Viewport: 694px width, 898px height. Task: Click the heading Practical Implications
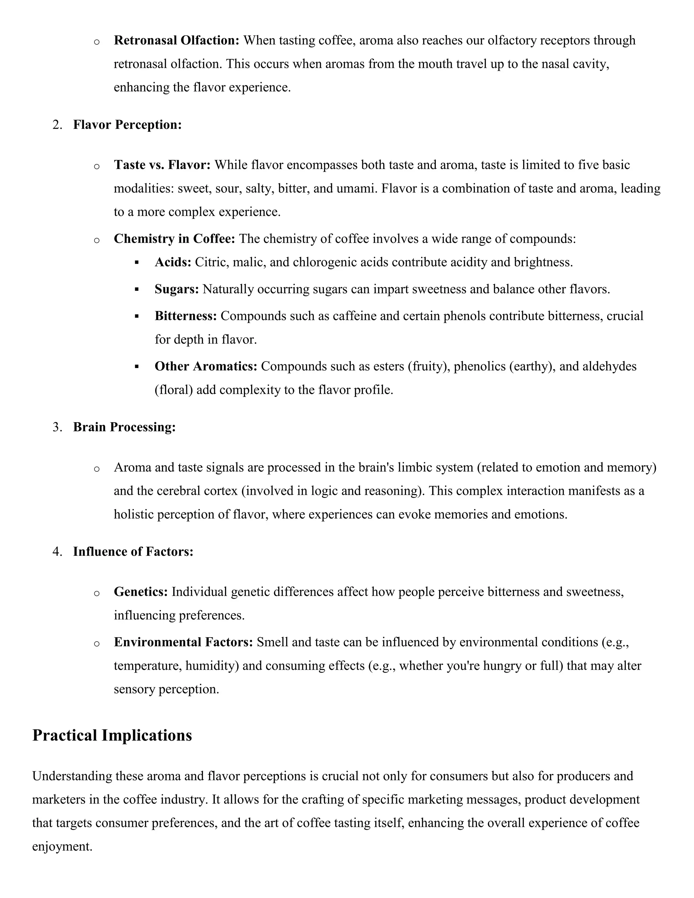112,736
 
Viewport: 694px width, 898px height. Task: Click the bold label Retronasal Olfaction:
176,40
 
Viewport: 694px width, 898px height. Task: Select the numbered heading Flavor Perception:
127,125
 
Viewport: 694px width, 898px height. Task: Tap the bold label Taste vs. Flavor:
162,165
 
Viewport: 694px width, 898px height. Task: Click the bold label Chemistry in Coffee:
174,239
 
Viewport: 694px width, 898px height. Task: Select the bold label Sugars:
176,289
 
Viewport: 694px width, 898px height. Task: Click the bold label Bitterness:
185,316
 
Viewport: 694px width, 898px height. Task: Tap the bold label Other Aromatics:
206,366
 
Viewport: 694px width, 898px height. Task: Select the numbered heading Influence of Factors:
133,551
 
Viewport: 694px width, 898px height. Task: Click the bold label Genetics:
141,592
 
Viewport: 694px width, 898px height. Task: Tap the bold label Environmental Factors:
183,642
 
